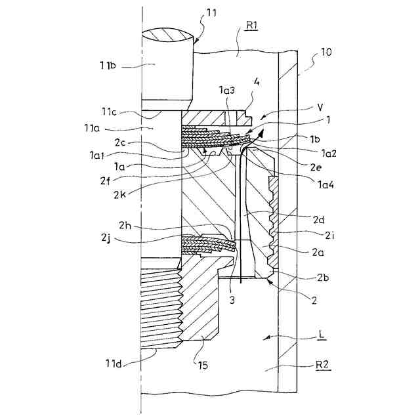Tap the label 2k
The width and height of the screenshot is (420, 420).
point(119,194)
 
